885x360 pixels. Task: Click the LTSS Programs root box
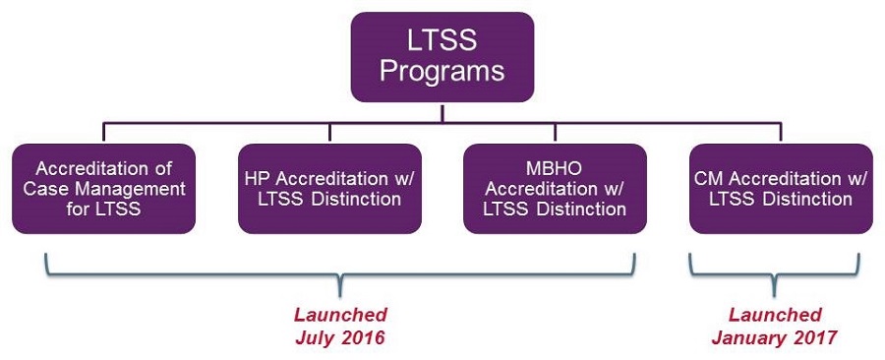click(x=442, y=57)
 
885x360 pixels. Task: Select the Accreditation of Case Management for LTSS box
click(x=103, y=189)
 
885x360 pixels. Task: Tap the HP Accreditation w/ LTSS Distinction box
click(x=329, y=189)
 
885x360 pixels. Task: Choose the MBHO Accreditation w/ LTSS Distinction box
click(x=555, y=189)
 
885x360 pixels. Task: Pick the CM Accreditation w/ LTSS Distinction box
click(x=781, y=189)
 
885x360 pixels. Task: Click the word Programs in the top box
click(x=442, y=72)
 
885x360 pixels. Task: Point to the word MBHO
click(x=555, y=168)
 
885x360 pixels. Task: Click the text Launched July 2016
click(x=340, y=327)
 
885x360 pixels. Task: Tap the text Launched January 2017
click(x=774, y=327)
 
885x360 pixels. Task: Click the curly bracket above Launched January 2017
click(x=774, y=273)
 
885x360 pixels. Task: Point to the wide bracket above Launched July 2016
click(x=340, y=273)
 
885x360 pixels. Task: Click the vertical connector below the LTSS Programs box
click(x=442, y=112)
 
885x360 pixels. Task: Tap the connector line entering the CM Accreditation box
click(x=781, y=132)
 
